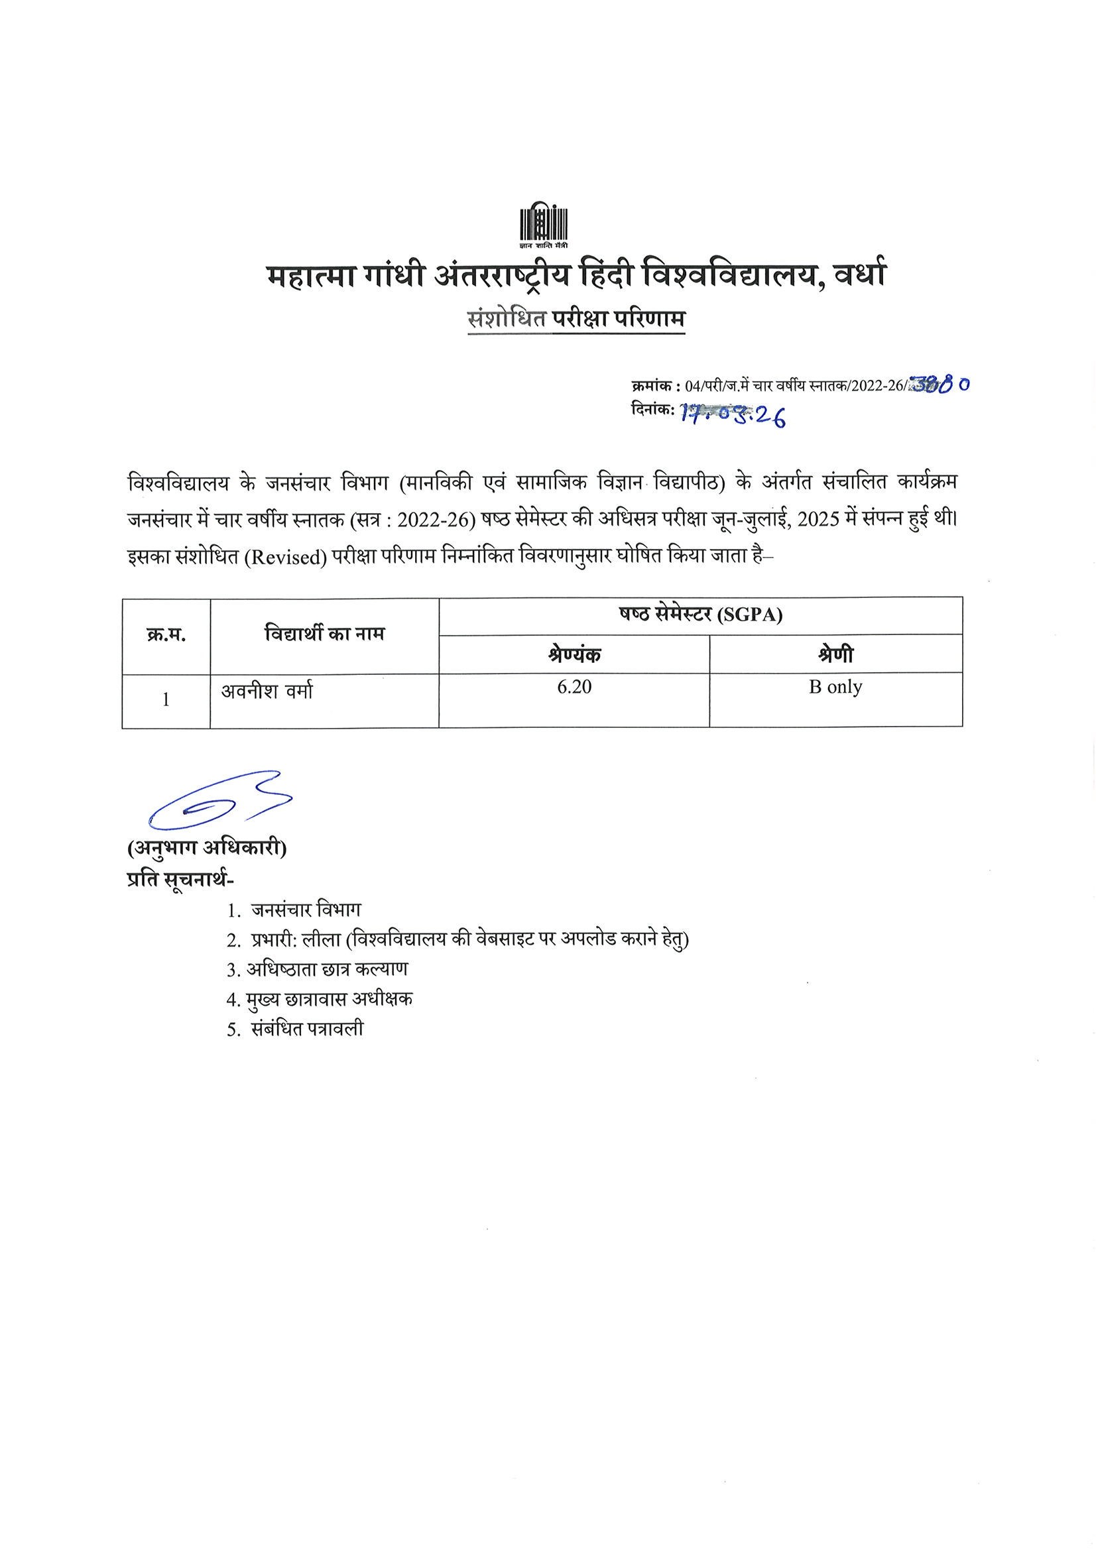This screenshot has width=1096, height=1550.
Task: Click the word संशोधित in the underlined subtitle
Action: click(506, 319)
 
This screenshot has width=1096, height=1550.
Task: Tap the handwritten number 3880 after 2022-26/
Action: click(941, 385)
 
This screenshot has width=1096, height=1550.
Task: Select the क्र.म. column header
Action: click(166, 635)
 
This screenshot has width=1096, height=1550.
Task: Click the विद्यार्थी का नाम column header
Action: click(324, 634)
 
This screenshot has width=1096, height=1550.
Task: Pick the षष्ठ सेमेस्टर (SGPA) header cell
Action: click(700, 615)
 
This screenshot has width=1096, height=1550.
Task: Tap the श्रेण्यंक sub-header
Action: click(574, 654)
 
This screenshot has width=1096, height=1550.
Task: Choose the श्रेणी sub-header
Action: click(835, 654)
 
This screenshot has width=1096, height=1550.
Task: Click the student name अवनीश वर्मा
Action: click(267, 691)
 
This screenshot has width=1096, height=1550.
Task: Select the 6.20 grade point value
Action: click(574, 687)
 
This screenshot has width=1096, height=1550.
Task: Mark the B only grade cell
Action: click(835, 687)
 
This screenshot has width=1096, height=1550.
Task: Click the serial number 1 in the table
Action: click(166, 699)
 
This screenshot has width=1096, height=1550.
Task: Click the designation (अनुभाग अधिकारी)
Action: click(207, 848)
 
